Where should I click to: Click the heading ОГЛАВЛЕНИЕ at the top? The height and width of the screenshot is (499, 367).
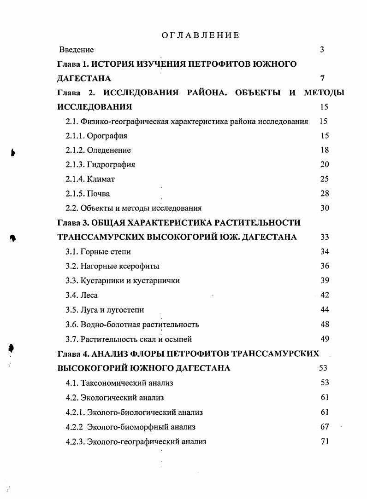(201, 35)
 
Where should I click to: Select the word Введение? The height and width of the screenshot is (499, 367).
(77, 50)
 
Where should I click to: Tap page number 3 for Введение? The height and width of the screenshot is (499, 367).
(322, 50)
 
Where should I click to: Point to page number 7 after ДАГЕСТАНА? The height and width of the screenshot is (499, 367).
(322, 79)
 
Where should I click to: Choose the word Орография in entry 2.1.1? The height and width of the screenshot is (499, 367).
(107, 136)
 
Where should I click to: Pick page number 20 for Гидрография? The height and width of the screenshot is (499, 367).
(325, 164)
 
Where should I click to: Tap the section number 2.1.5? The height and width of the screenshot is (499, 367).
(75, 193)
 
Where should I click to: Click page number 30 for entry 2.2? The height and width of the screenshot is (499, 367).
(325, 208)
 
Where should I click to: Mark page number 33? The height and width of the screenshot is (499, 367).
(325, 237)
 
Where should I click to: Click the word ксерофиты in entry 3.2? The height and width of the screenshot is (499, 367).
(139, 266)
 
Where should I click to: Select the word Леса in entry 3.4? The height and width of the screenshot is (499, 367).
(89, 295)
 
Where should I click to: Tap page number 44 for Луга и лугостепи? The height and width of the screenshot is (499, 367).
(325, 310)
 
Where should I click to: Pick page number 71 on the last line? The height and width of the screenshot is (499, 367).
(325, 441)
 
